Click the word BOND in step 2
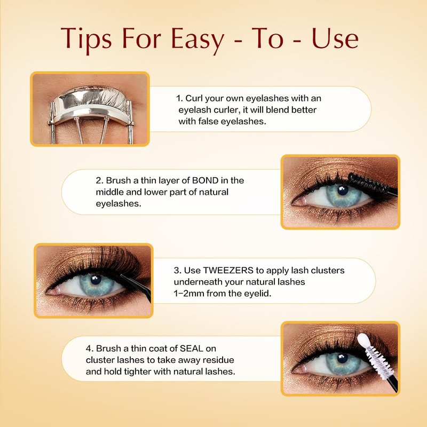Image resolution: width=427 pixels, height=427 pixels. click(205, 180)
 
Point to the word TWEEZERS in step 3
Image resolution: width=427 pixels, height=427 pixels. click(228, 271)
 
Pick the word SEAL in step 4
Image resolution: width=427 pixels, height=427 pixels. click(192, 349)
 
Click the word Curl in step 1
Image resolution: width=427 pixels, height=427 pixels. click(194, 98)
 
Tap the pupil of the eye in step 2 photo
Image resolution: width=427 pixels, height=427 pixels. click(343, 191)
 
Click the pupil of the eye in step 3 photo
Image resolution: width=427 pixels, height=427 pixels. click(96, 280)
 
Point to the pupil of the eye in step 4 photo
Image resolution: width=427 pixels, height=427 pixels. click(342, 358)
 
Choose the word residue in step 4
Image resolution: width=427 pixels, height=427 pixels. click(219, 360)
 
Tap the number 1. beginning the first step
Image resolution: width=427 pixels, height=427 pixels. click(179, 98)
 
